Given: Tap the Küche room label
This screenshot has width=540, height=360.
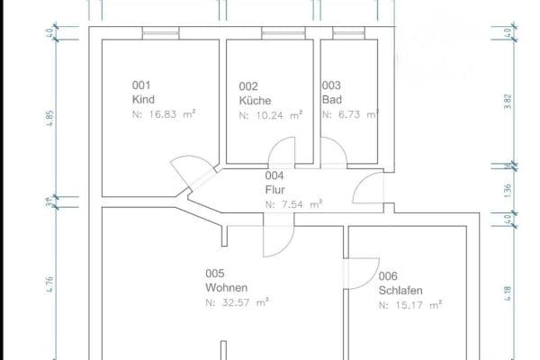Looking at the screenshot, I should point(256,101).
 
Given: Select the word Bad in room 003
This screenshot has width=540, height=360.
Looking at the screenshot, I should point(331,101).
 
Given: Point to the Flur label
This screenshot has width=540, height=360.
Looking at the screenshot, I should point(275,190).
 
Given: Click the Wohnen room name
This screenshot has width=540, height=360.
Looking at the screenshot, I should point(227,288).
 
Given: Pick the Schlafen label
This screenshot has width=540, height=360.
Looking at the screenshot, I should point(401,291).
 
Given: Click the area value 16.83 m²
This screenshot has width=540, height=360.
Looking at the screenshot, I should point(164,115).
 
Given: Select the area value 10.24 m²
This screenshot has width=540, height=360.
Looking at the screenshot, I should point(271,115).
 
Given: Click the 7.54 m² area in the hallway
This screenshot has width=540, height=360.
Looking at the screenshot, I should point(293,205).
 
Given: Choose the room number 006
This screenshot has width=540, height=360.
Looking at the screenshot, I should point(388,276).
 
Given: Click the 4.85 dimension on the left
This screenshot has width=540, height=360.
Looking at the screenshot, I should point(50,118).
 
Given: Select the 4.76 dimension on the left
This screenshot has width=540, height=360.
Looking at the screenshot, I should point(50,284).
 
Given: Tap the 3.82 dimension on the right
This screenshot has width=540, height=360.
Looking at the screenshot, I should point(508,102).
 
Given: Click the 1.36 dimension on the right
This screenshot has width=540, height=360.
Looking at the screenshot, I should point(508,190).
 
